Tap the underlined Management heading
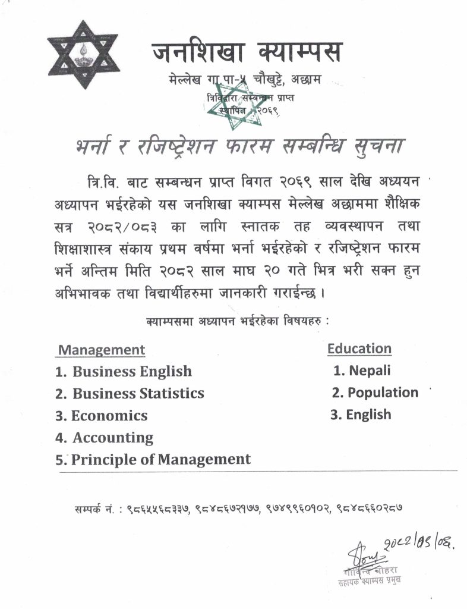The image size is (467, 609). click(101, 350)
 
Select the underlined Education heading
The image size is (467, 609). click(359, 349)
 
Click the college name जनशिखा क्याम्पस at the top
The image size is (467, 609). click(247, 52)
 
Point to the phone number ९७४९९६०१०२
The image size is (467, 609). click(301, 509)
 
